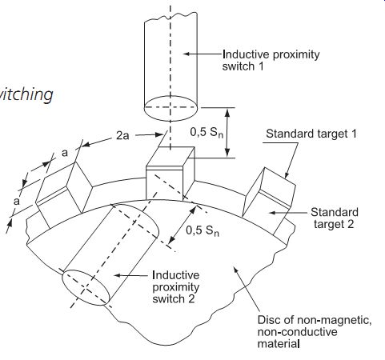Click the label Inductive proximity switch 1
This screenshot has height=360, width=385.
271,60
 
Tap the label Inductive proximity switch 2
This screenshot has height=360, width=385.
176,287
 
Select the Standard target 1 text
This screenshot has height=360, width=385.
311,134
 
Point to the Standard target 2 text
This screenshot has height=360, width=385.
335,218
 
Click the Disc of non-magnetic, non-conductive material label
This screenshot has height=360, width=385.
315,332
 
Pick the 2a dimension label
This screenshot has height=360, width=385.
122,136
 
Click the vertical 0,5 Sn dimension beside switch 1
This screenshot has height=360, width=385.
207,132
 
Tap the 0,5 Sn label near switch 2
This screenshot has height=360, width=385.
203,230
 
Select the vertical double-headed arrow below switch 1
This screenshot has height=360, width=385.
227,133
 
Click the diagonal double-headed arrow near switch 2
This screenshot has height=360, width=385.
182,225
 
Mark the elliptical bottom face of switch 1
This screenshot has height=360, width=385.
170,108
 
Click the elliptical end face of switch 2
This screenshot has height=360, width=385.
86,287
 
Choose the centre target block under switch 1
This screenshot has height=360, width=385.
170,174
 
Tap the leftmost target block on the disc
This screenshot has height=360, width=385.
63,194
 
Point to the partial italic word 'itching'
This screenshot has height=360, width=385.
26,94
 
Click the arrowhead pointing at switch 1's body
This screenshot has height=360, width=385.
186,54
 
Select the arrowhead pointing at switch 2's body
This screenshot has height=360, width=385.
118,275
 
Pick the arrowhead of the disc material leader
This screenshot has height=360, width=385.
236,270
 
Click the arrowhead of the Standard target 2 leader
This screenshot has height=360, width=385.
272,213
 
